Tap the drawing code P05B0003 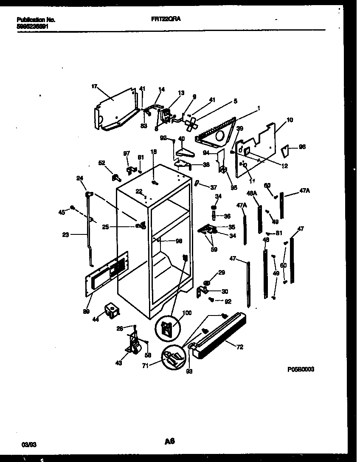point(301,370)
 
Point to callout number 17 point(94,86)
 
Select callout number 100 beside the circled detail point(187,313)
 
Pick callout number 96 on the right point(302,147)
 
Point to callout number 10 point(290,120)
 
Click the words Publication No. point(36,20)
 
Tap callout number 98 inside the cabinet point(179,241)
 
